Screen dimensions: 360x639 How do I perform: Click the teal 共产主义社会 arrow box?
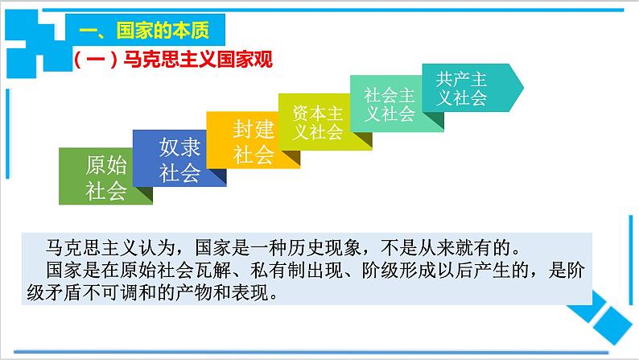pyautogui.click(x=463, y=89)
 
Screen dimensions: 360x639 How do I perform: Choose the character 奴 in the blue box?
pyautogui.click(x=169, y=148)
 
